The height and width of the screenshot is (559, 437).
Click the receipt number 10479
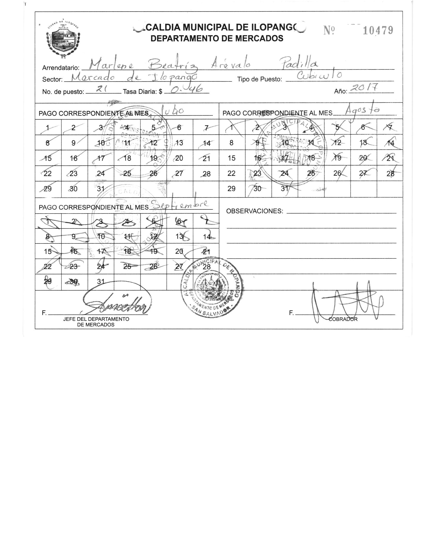(378, 31)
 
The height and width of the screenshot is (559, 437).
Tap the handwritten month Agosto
(363, 111)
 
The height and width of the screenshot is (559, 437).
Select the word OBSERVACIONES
(255, 211)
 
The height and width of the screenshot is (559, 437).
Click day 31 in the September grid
(101, 282)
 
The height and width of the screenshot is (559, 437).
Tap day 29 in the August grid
(231, 188)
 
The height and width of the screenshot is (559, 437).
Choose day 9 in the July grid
(74, 143)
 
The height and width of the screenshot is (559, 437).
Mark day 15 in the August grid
(232, 158)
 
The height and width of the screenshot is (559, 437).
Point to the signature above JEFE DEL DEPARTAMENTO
(116, 303)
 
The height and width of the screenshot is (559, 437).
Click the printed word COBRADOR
(343, 319)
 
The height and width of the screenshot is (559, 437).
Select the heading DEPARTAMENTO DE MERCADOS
(217, 38)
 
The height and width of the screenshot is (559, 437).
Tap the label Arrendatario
(61, 68)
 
